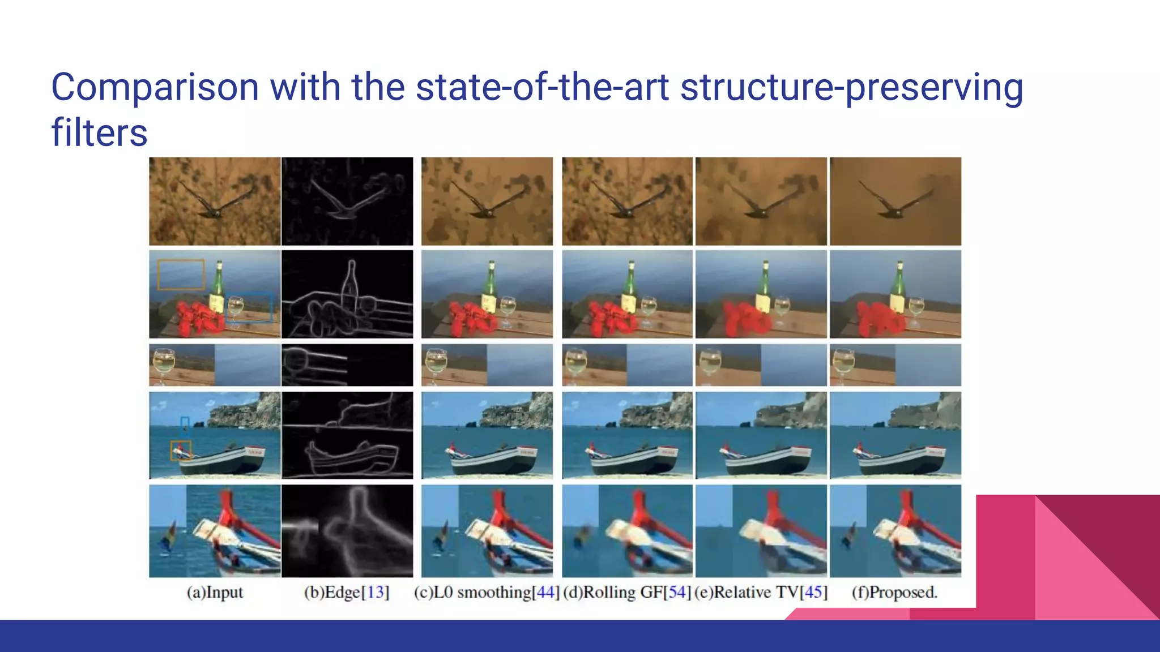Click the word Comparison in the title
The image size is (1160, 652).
click(x=155, y=88)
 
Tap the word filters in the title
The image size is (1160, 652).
click(x=99, y=133)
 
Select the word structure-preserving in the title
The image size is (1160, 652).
click(x=851, y=88)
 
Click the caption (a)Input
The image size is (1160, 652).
click(x=215, y=592)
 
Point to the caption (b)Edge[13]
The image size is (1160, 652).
click(x=347, y=592)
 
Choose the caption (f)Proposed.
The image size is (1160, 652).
click(x=894, y=592)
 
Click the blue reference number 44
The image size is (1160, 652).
click(x=545, y=592)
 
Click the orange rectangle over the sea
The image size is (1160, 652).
click(x=181, y=274)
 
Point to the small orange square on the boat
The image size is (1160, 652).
click(x=181, y=451)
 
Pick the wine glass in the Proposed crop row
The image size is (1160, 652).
click(x=843, y=362)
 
